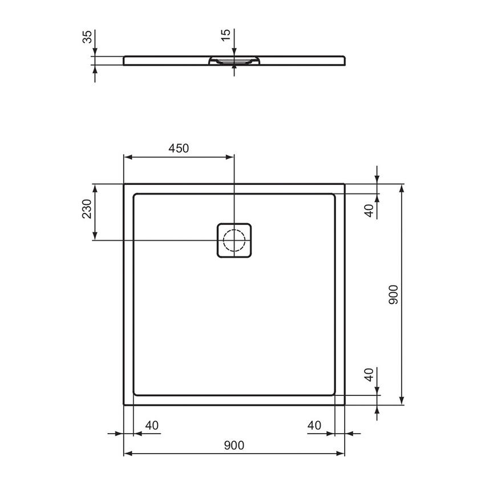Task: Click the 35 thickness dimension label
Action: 87,38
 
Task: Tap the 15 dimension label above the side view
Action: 226,34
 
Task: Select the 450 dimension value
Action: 178,148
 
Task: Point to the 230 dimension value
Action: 86,209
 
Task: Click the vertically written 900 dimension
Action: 393,294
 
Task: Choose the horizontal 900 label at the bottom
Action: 234,445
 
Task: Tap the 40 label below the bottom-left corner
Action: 151,425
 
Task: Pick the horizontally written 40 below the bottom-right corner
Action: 314,425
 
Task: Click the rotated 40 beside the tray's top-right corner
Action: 369,210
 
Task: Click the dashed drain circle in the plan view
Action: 233,240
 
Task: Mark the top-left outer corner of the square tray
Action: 124,184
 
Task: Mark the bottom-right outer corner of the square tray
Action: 345,405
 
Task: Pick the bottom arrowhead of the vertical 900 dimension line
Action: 402,401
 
